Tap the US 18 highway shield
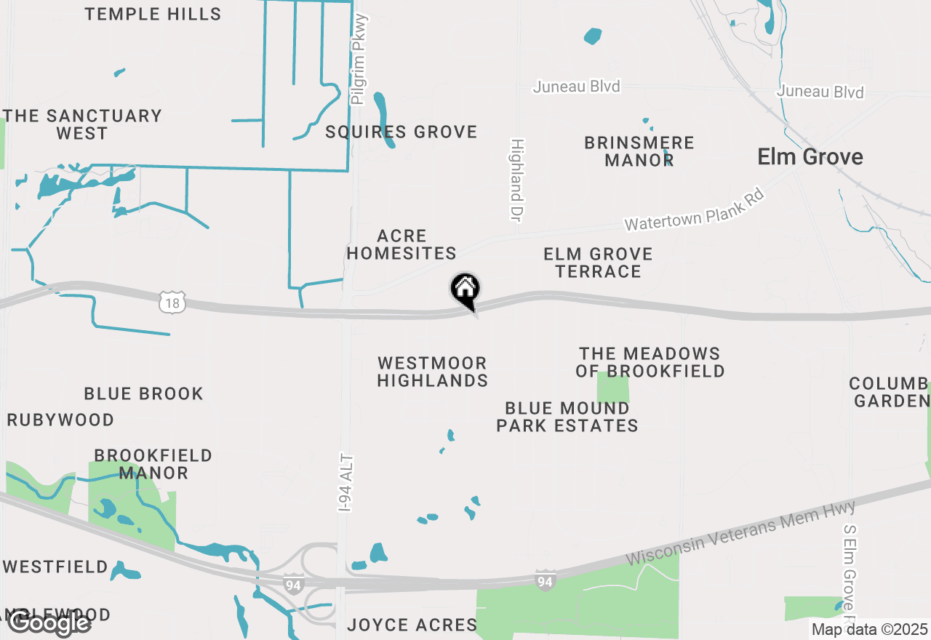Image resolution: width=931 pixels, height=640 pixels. pos(173,302)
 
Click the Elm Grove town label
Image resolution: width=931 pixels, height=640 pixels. pos(810,157)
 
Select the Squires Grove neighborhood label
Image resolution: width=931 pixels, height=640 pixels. pos(401,132)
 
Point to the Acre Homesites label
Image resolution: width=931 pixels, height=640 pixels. pos(401,245)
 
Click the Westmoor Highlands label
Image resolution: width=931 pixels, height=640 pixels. pos(432,372)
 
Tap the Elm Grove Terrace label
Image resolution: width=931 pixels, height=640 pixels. pos(598,263)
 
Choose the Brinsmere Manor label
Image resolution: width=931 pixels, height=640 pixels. pos(639,151)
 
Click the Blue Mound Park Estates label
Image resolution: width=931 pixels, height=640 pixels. pos(567,417)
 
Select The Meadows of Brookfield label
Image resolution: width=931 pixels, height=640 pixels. pos(650,362)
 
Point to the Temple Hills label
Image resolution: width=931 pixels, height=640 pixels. pos(153,14)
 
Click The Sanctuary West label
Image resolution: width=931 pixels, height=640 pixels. pos(82,124)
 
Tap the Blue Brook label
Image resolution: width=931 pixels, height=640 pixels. pos(143,394)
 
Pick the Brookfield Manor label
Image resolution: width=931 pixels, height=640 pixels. pos(153,464)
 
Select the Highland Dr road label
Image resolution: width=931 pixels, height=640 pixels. pos(517,180)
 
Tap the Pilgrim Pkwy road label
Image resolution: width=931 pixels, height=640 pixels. pos(359,60)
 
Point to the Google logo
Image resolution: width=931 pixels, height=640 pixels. pos(49,623)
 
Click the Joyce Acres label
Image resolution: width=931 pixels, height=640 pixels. pos(412,625)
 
